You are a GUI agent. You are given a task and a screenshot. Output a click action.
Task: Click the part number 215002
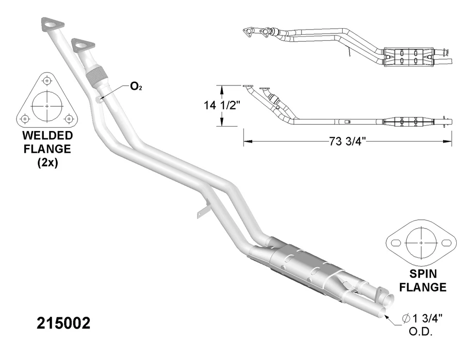click(64, 324)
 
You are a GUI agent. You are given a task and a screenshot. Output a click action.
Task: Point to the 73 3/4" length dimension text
click(347, 142)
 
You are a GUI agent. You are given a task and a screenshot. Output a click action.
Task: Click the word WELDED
click(47, 135)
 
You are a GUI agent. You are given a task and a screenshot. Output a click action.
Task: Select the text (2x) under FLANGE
click(47, 163)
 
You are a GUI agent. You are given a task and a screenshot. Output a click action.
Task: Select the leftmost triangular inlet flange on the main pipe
click(52, 24)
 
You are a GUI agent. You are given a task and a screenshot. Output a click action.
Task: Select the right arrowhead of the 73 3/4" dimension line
click(449, 142)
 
